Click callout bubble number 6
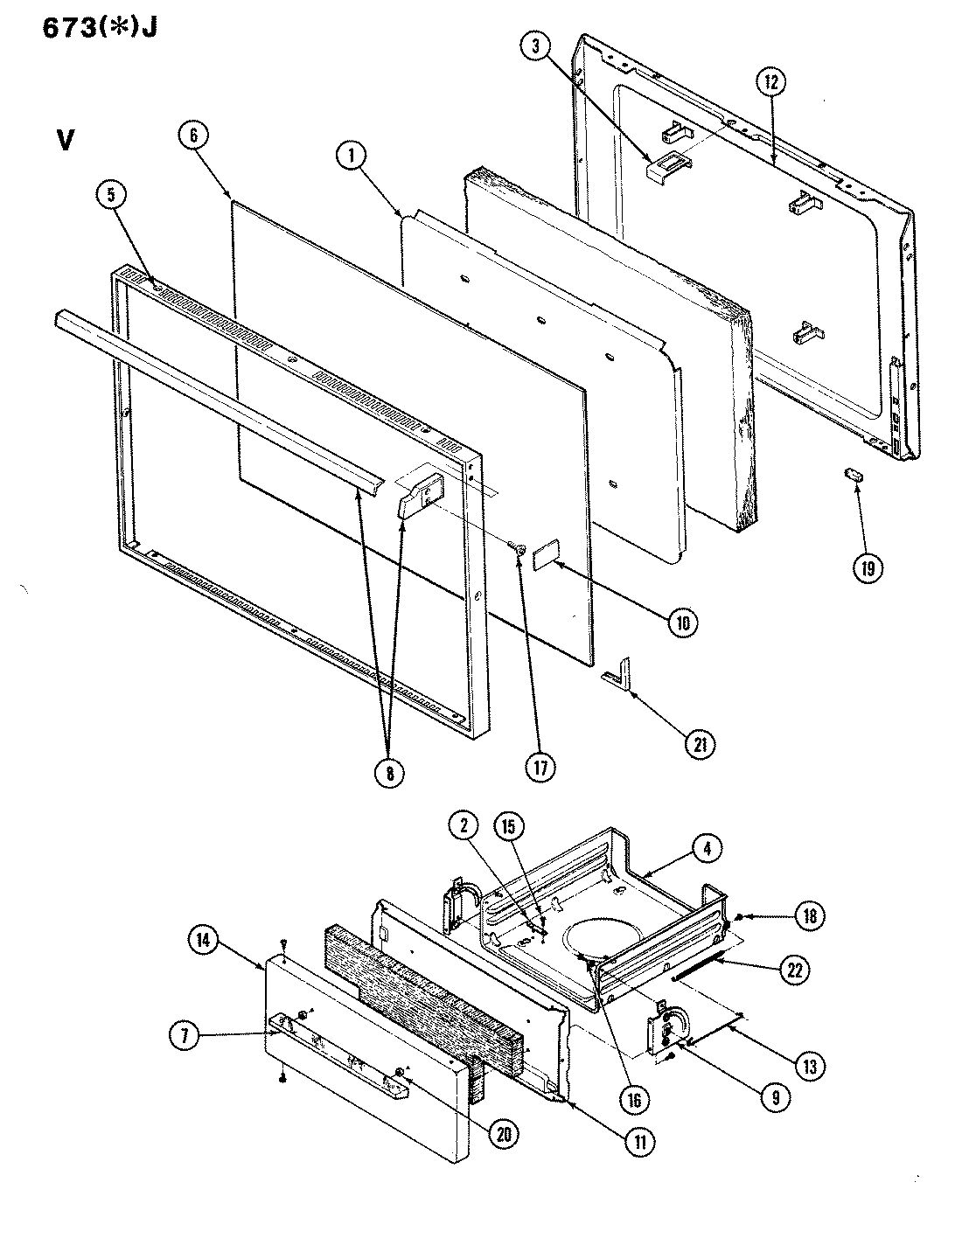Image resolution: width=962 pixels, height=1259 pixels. [192, 137]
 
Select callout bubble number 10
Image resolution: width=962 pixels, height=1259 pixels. [682, 623]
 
